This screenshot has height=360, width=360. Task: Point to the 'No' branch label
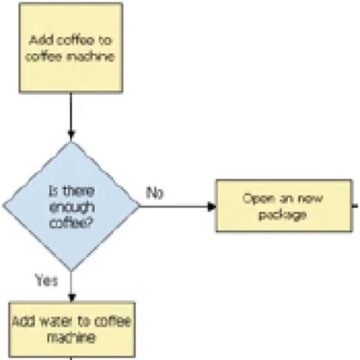[x=155, y=192]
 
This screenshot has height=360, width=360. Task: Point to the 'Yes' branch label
[x=47, y=280]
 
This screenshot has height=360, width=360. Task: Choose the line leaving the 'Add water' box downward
[x=71, y=354]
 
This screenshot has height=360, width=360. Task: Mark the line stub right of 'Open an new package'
[x=355, y=206]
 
